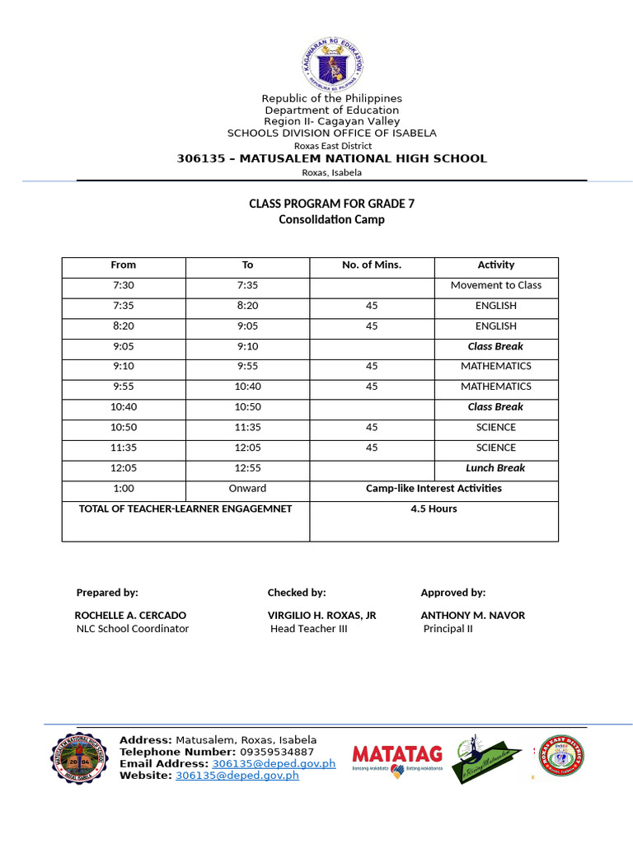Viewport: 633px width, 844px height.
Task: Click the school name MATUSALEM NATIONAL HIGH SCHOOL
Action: click(331, 158)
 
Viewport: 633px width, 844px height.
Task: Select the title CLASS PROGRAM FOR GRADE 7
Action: click(331, 204)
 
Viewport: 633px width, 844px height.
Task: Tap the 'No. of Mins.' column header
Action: click(372, 265)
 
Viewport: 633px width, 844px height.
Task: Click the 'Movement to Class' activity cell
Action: click(496, 285)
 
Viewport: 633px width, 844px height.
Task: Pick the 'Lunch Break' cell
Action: click(496, 468)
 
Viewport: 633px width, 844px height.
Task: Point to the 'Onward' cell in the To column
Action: click(247, 488)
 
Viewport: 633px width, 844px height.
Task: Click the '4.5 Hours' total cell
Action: click(434, 509)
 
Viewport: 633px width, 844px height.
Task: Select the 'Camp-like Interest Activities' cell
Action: click(434, 488)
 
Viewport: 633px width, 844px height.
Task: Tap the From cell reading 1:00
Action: click(123, 488)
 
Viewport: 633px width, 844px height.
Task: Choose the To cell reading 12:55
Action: click(247, 468)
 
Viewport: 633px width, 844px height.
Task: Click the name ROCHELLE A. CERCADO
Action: click(130, 615)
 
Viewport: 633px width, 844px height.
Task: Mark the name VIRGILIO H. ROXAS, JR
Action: click(321, 615)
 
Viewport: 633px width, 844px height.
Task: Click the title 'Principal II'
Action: click(448, 629)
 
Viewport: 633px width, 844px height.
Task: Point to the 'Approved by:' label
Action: click(452, 593)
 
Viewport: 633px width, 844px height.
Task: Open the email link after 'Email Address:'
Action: click(274, 764)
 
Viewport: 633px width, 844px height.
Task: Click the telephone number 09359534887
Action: click(277, 752)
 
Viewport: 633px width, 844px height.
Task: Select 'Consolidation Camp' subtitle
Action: click(331, 220)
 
